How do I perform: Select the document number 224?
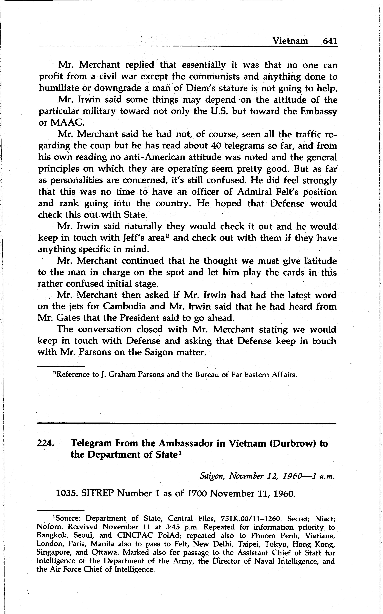46,443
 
